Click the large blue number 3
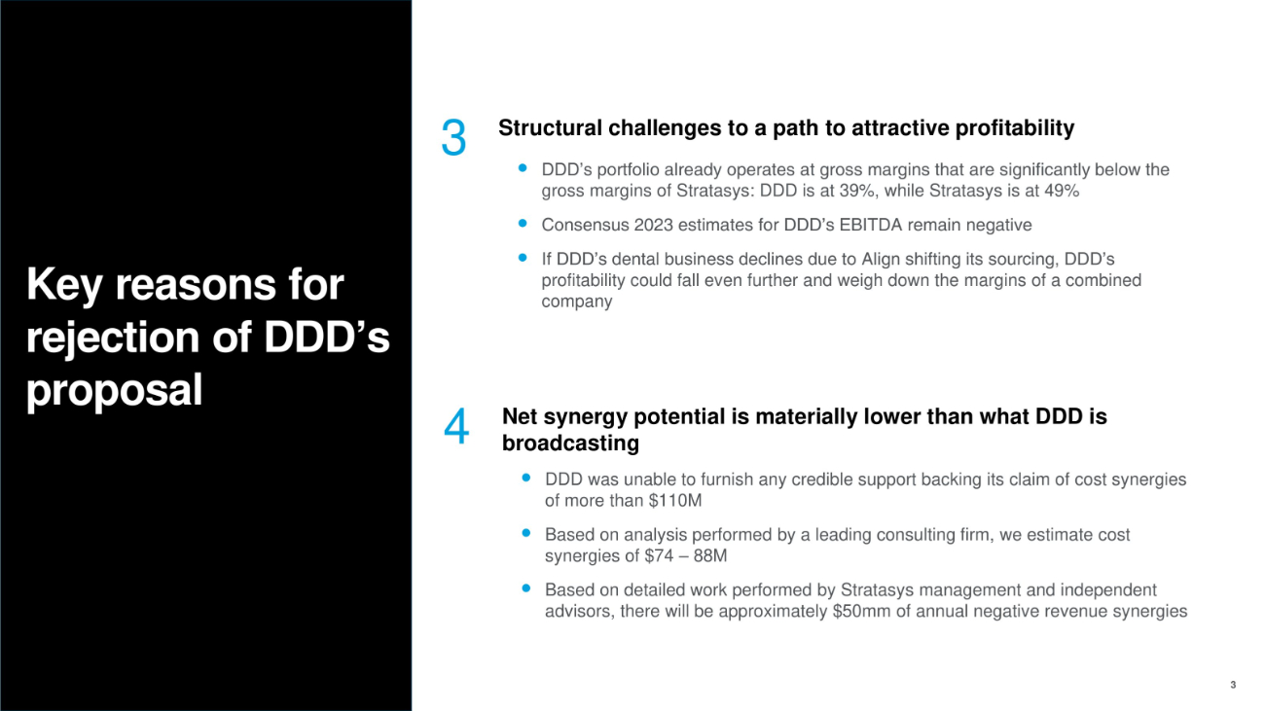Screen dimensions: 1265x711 pyautogui.click(x=453, y=137)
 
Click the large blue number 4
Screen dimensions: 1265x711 pyautogui.click(x=456, y=427)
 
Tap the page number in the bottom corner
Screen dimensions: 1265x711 pyautogui.click(x=1233, y=685)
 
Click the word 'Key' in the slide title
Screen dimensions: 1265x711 pyautogui.click(x=64, y=285)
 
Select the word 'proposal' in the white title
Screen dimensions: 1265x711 pyautogui.click(x=114, y=390)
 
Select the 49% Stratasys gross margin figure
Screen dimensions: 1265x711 pyautogui.click(x=1062, y=191)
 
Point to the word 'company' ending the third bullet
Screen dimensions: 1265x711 pyautogui.click(x=577, y=302)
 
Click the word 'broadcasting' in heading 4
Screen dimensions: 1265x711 pyautogui.click(x=570, y=444)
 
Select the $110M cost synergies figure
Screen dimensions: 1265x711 pyautogui.click(x=675, y=501)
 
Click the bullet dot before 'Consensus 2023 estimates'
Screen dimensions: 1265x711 pyautogui.click(x=523, y=224)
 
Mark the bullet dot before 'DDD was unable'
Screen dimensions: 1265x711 pyautogui.click(x=525, y=478)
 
